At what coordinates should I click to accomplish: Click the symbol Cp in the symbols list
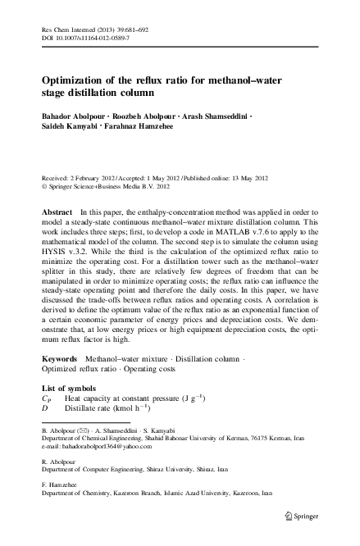tap(48, 398)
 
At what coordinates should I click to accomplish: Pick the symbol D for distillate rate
tap(46, 407)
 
